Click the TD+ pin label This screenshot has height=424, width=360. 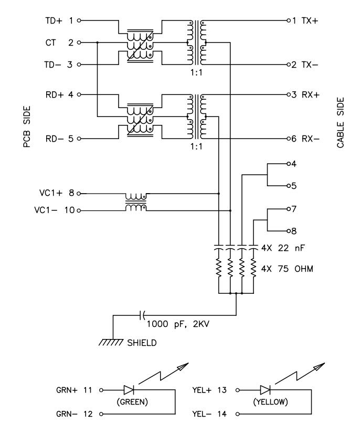(x=54, y=20)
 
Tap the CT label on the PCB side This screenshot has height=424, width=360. (x=50, y=43)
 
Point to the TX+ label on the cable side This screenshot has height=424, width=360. (x=310, y=20)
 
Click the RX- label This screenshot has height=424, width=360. (x=311, y=139)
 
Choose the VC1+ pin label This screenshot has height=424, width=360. (x=51, y=193)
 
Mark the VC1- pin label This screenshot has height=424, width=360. (x=46, y=210)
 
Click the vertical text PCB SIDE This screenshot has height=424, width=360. (x=27, y=126)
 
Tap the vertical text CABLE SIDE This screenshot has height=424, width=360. (x=340, y=123)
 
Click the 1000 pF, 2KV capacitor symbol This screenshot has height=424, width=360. (x=142, y=315)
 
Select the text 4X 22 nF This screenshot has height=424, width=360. (x=283, y=248)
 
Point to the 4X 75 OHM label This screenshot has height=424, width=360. (x=287, y=269)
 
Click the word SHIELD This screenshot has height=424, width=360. (x=142, y=343)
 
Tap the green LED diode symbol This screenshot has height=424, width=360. (x=129, y=390)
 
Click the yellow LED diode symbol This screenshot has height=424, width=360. (x=265, y=390)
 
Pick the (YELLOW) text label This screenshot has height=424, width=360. (x=270, y=402)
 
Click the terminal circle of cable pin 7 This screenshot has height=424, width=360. (x=289, y=209)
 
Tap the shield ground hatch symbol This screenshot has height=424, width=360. (x=111, y=342)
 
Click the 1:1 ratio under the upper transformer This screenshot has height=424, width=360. (x=196, y=72)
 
